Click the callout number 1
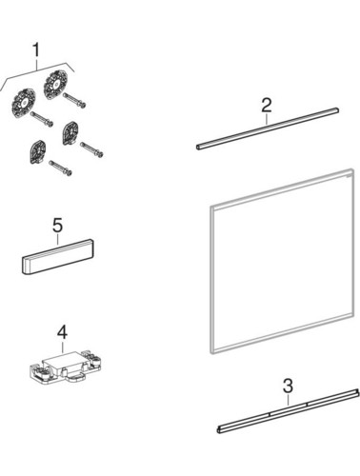[36, 50]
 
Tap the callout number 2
[267, 106]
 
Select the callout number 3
[288, 387]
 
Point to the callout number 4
[62, 333]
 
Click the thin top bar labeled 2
[268, 129]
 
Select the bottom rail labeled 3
[289, 410]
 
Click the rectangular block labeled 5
[58, 257]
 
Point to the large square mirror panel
[282, 261]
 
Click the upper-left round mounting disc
[23, 103]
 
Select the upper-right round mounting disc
[56, 85]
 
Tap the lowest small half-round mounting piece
[38, 153]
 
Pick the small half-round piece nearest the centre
[70, 133]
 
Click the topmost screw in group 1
[74, 99]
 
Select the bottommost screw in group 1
[60, 168]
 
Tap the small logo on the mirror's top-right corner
[350, 175]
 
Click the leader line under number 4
[62, 347]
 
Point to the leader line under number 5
[57, 239]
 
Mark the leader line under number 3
[288, 400]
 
